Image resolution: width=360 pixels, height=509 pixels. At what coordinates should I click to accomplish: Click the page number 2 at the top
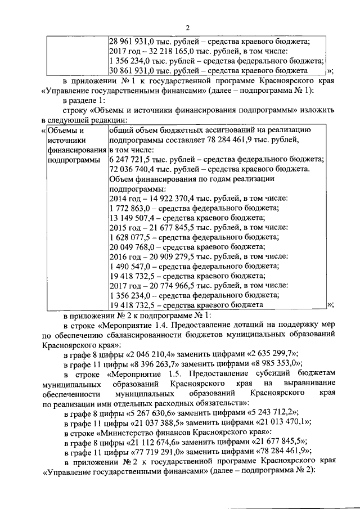[x=188, y=29]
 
